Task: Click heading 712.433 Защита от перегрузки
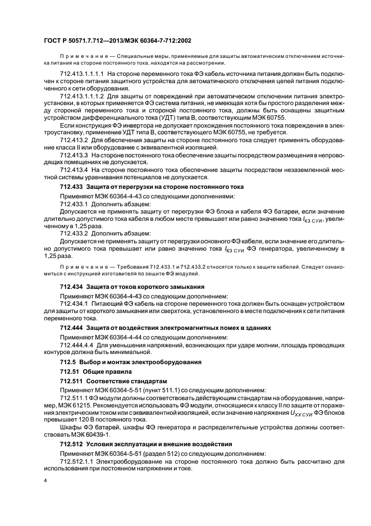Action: (152, 186)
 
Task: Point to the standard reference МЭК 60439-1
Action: (91, 434)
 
